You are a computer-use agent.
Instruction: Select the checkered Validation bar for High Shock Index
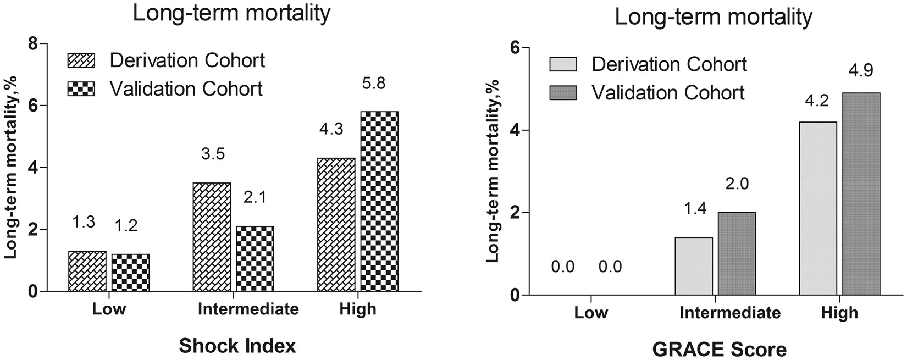[379, 201]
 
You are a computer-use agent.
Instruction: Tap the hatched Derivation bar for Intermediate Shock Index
[212, 237]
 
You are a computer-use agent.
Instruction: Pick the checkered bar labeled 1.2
[130, 273]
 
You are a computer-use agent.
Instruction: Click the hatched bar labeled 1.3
[87, 271]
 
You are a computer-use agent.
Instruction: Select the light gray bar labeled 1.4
[693, 266]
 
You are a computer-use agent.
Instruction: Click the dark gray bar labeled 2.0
[737, 253]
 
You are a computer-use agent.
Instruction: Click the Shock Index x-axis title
[237, 346]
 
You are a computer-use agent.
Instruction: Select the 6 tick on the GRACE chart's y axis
[515, 48]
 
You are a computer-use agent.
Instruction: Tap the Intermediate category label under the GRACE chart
[730, 313]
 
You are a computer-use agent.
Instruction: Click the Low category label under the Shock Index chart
[108, 309]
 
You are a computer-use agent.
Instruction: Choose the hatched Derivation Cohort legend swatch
[81, 60]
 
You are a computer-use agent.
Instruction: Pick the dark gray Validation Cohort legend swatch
[563, 93]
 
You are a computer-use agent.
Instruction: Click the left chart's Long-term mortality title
[232, 13]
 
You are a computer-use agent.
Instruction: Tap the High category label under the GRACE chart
[839, 313]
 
